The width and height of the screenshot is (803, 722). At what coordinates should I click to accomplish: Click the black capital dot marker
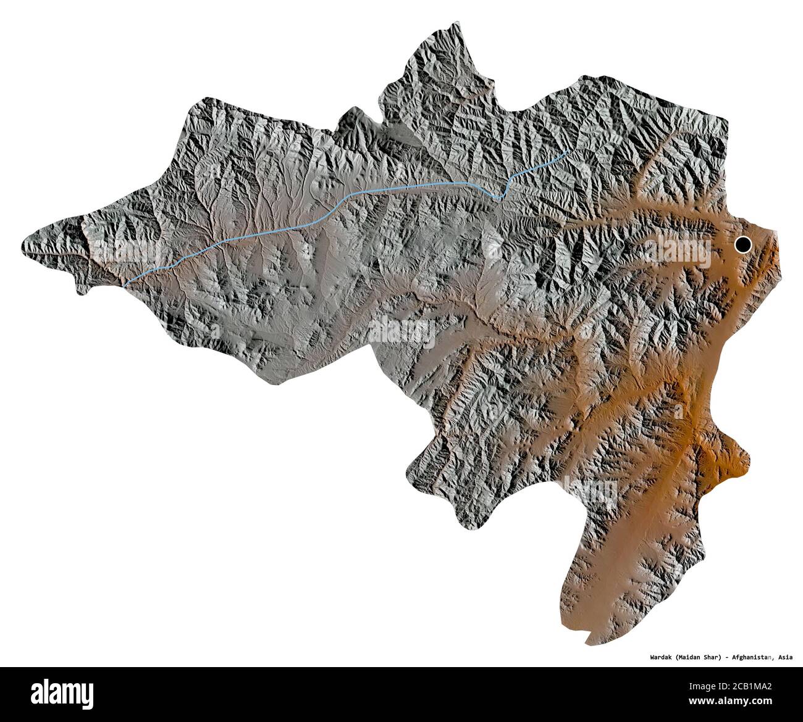pyautogui.click(x=743, y=245)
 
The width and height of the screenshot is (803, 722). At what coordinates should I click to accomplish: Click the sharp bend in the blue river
pyautogui.click(x=501, y=199)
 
